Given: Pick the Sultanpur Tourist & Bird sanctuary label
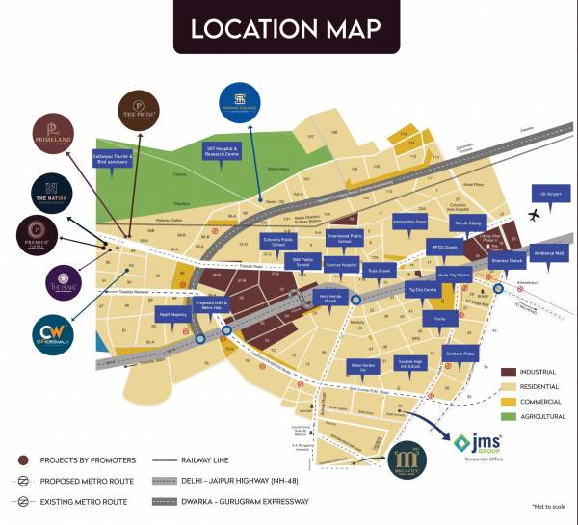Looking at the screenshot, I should pos(109,156).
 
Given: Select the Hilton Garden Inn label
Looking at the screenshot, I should pos(361,367).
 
